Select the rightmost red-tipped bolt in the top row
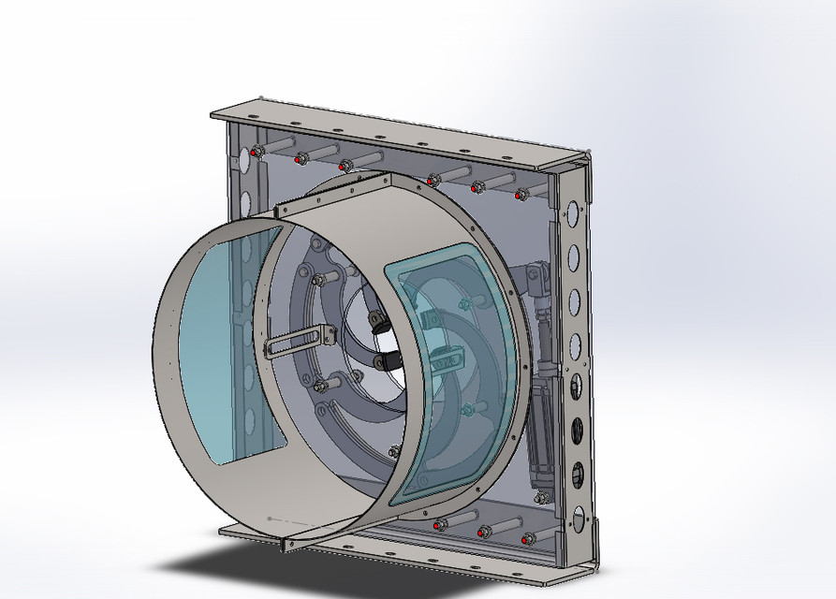click(521, 194)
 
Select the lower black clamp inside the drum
click(385, 361)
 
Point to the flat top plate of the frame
click(393, 131)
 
